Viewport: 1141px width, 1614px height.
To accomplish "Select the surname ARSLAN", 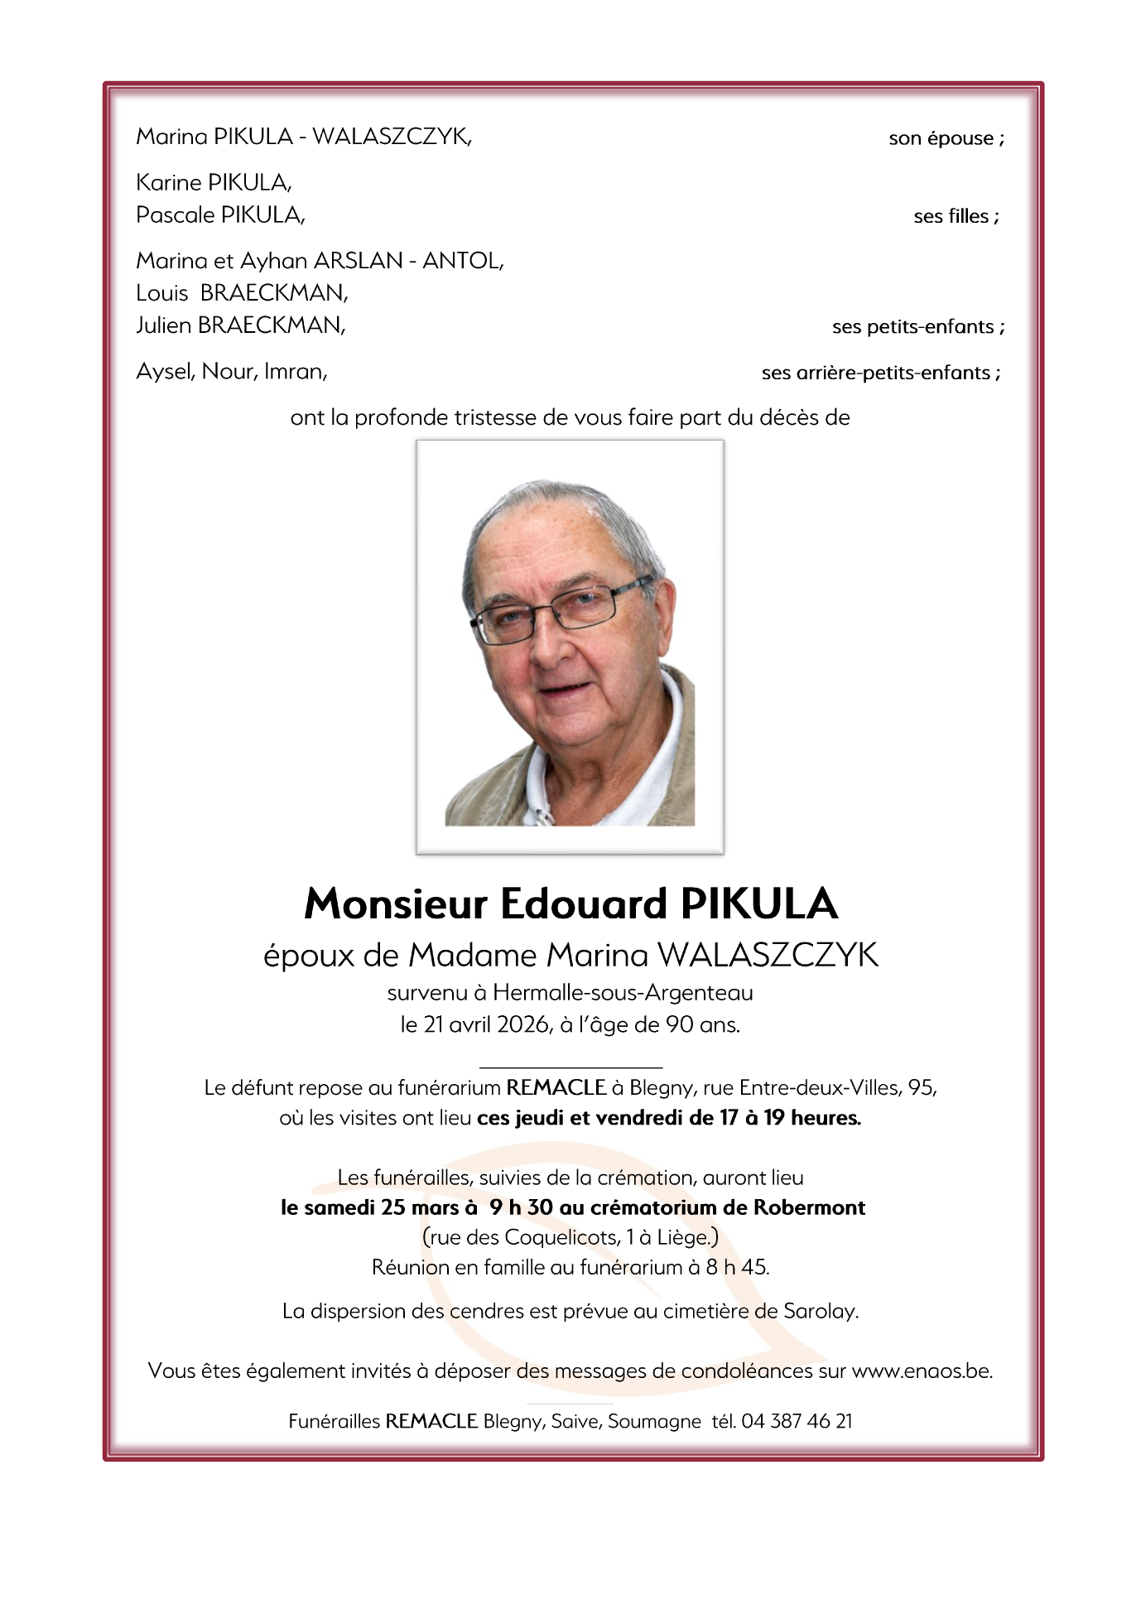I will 358,261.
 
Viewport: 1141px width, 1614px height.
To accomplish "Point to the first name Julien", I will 163,325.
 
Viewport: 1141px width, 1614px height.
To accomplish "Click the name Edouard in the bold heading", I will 583,903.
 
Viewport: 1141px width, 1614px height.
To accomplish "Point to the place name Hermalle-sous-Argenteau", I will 623,992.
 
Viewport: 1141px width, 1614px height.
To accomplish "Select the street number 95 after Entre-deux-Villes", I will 921,1087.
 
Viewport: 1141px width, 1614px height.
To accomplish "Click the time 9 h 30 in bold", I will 520,1207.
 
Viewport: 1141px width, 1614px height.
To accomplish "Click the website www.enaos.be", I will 921,1371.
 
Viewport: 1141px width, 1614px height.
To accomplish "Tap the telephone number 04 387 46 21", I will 797,1422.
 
